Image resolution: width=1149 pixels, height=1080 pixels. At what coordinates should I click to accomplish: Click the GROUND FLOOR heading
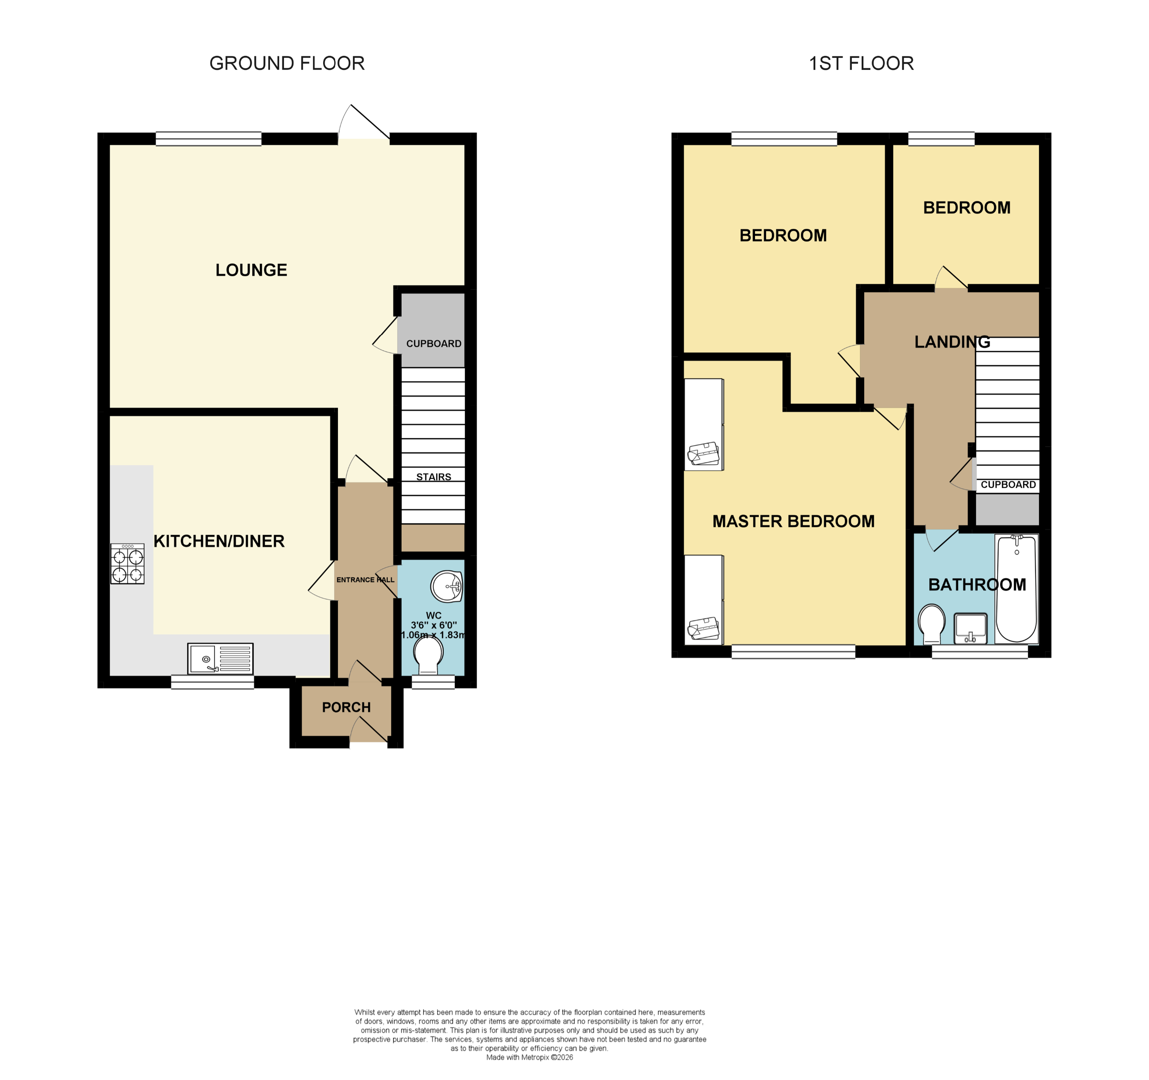[287, 64]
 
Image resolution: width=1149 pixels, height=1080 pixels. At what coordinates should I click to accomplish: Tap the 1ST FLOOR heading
[861, 64]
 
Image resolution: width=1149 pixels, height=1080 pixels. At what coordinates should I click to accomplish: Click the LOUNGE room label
[251, 270]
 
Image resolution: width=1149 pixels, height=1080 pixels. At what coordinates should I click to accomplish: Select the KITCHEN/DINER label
[219, 541]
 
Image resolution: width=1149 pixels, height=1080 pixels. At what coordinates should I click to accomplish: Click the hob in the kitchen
[127, 564]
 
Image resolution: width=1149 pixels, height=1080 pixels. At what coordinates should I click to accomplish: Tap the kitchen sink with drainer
[220, 659]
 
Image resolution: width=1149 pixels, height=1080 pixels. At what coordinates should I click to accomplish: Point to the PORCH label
[346, 707]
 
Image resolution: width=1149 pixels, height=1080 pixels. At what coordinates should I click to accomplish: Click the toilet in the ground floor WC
[428, 655]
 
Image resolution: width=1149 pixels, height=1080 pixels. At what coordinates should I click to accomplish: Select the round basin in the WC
[447, 587]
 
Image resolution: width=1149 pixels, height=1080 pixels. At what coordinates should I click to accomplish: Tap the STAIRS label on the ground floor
[433, 477]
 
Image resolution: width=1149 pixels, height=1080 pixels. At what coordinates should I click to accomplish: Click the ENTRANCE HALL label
[365, 580]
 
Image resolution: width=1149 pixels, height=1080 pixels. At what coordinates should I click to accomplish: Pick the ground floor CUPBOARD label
[433, 344]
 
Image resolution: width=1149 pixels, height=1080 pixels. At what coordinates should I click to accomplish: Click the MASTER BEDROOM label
[794, 521]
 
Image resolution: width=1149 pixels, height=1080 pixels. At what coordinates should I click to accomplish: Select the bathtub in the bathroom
[1017, 589]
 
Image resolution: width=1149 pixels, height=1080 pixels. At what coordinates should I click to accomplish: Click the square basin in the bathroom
[970, 628]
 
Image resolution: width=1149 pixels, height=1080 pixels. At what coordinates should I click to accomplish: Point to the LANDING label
[953, 342]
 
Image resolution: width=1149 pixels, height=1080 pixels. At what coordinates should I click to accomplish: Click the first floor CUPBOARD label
[1009, 484]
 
